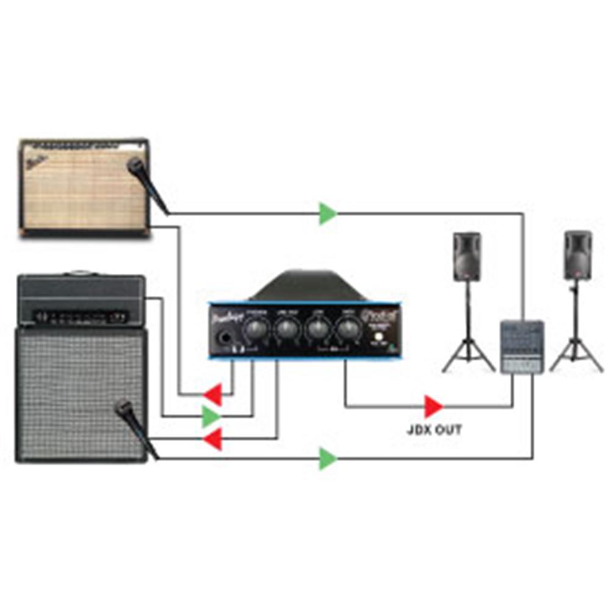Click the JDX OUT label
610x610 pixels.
point(434,429)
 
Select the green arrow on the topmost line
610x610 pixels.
point(328,213)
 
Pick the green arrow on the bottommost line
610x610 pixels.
point(328,459)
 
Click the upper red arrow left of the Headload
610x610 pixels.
point(213,395)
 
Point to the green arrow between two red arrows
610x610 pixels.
point(210,417)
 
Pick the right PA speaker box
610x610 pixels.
point(578,255)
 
